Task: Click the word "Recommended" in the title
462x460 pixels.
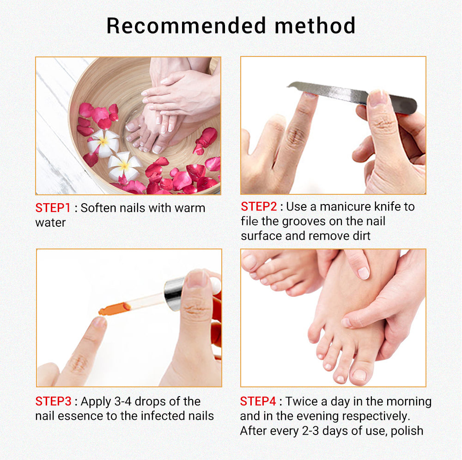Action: point(186,25)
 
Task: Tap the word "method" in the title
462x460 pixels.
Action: point(315,25)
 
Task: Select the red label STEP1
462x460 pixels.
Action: point(53,208)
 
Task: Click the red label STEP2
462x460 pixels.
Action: point(259,206)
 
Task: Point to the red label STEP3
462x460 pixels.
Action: point(53,401)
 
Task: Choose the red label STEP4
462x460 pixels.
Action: point(258,401)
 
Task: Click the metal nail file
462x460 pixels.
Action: point(353,96)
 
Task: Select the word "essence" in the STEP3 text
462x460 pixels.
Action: point(80,416)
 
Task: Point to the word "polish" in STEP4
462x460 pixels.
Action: point(407,431)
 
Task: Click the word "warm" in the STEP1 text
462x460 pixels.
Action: point(190,208)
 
